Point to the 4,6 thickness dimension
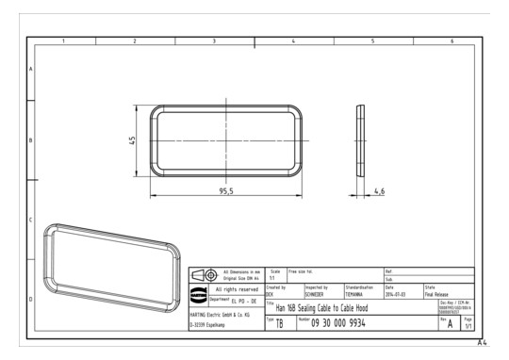click(379, 190)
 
